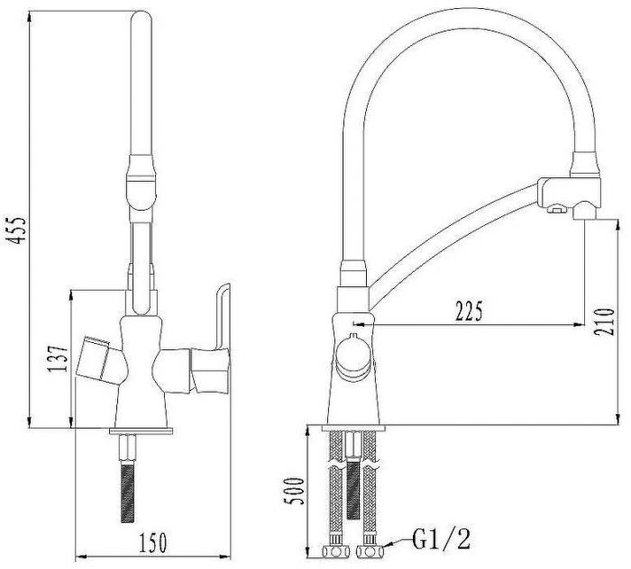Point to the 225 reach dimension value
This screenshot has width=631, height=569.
[469, 311]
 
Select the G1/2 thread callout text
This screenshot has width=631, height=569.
[440, 540]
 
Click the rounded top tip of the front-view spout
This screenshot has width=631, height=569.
[144, 18]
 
